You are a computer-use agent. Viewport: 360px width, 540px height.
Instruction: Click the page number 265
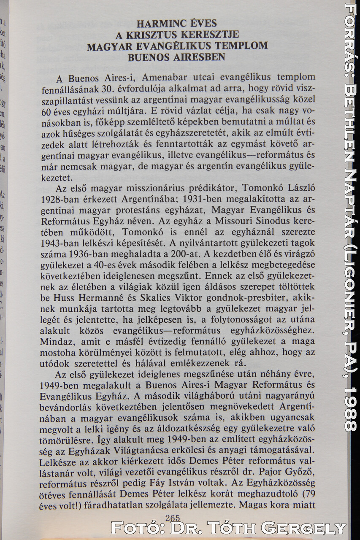tap(173, 518)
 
